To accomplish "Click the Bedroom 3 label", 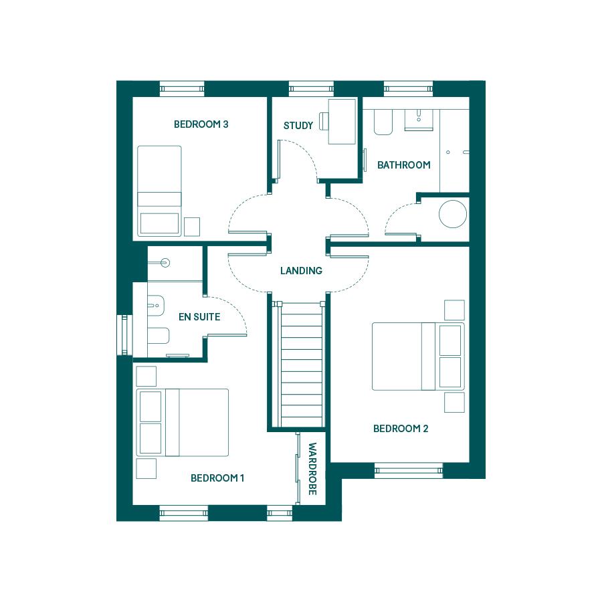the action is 201,124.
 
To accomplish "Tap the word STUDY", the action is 298,126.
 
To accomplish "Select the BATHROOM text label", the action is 403,165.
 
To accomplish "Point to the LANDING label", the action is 301,271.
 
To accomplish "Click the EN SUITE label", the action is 199,317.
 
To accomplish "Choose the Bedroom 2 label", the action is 401,429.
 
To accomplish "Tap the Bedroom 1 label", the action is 217,478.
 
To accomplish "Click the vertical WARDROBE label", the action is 312,469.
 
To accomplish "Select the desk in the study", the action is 342,121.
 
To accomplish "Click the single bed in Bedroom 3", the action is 159,191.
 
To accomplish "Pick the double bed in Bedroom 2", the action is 418,357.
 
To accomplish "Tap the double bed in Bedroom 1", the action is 183,423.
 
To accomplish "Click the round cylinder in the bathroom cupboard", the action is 453,214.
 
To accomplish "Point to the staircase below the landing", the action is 302,365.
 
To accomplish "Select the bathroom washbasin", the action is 419,120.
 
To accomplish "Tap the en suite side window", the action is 124,335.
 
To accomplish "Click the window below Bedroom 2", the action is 409,471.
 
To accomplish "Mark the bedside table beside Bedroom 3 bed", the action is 191,227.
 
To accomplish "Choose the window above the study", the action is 311,89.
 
